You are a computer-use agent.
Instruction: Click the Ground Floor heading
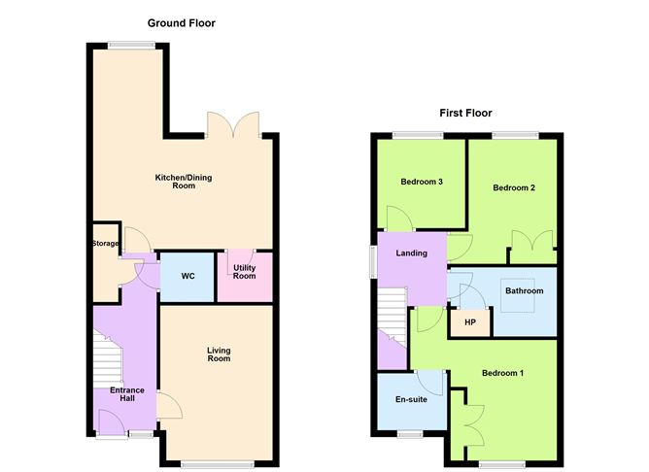[x=182, y=22]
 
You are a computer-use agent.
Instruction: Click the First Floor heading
[x=465, y=112]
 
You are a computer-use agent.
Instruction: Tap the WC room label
[x=188, y=277]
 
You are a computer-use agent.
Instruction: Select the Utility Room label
[x=244, y=271]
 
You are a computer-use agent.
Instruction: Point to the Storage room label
[x=105, y=243]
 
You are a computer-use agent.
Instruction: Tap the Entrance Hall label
[x=126, y=395]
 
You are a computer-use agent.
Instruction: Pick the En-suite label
[x=410, y=399]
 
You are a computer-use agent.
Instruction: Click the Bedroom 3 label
[x=422, y=181]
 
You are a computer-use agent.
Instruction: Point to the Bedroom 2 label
[x=513, y=187]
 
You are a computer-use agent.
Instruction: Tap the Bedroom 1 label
[x=503, y=373]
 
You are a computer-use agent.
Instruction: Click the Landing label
[x=411, y=253]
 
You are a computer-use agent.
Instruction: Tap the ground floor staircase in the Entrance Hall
[x=108, y=359]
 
